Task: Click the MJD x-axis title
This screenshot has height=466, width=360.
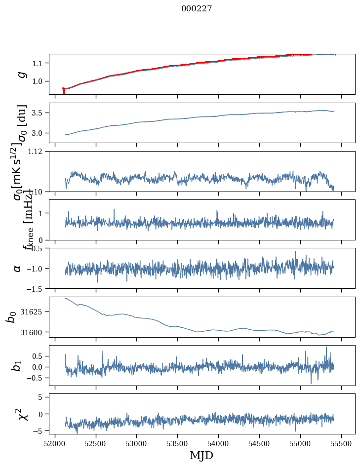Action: [201, 455]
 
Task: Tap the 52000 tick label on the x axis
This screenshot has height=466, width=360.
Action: [55, 443]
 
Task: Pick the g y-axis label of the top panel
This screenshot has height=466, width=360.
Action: [21, 74]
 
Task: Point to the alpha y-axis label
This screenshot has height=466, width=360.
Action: [18, 268]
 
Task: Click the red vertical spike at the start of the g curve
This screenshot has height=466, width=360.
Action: [64, 91]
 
